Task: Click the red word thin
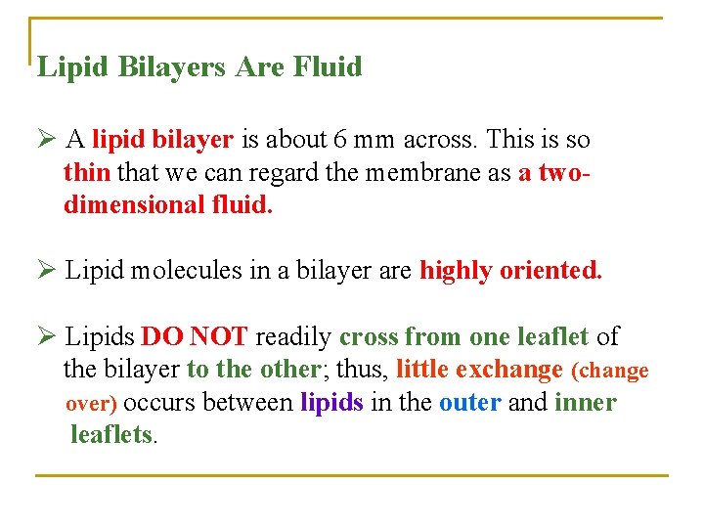87,173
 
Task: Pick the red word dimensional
124,206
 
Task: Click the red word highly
456,270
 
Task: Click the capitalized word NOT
219,337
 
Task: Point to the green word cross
369,337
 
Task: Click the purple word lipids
331,403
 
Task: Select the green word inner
585,403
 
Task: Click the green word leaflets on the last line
111,434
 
